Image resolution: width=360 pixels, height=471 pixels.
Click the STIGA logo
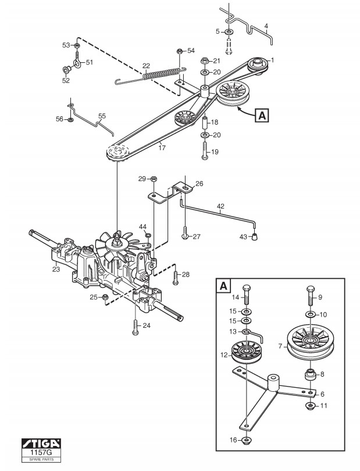tap(41, 444)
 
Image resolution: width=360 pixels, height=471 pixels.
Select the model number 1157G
tap(41, 452)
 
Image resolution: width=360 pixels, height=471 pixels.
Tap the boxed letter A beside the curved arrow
tap(262, 115)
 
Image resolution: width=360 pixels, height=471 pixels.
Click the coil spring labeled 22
tap(162, 74)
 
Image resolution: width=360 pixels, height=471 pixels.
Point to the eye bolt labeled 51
tap(77, 61)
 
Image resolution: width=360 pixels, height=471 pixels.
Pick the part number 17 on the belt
tap(162, 148)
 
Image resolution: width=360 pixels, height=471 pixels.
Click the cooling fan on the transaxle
tap(116, 245)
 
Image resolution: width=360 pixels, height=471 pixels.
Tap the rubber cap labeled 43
tap(255, 237)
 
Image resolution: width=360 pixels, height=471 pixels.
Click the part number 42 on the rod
tap(220, 206)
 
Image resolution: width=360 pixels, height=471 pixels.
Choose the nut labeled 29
tap(154, 178)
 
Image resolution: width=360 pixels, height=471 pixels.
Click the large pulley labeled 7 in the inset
tap(309, 343)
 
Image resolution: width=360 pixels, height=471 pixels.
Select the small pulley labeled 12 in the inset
tap(247, 352)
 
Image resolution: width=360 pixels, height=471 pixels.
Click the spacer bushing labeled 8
tap(311, 375)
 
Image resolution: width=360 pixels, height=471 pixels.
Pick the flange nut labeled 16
tap(246, 440)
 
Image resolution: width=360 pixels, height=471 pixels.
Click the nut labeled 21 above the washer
tap(205, 61)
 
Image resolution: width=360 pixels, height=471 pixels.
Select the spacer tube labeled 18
tap(205, 122)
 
